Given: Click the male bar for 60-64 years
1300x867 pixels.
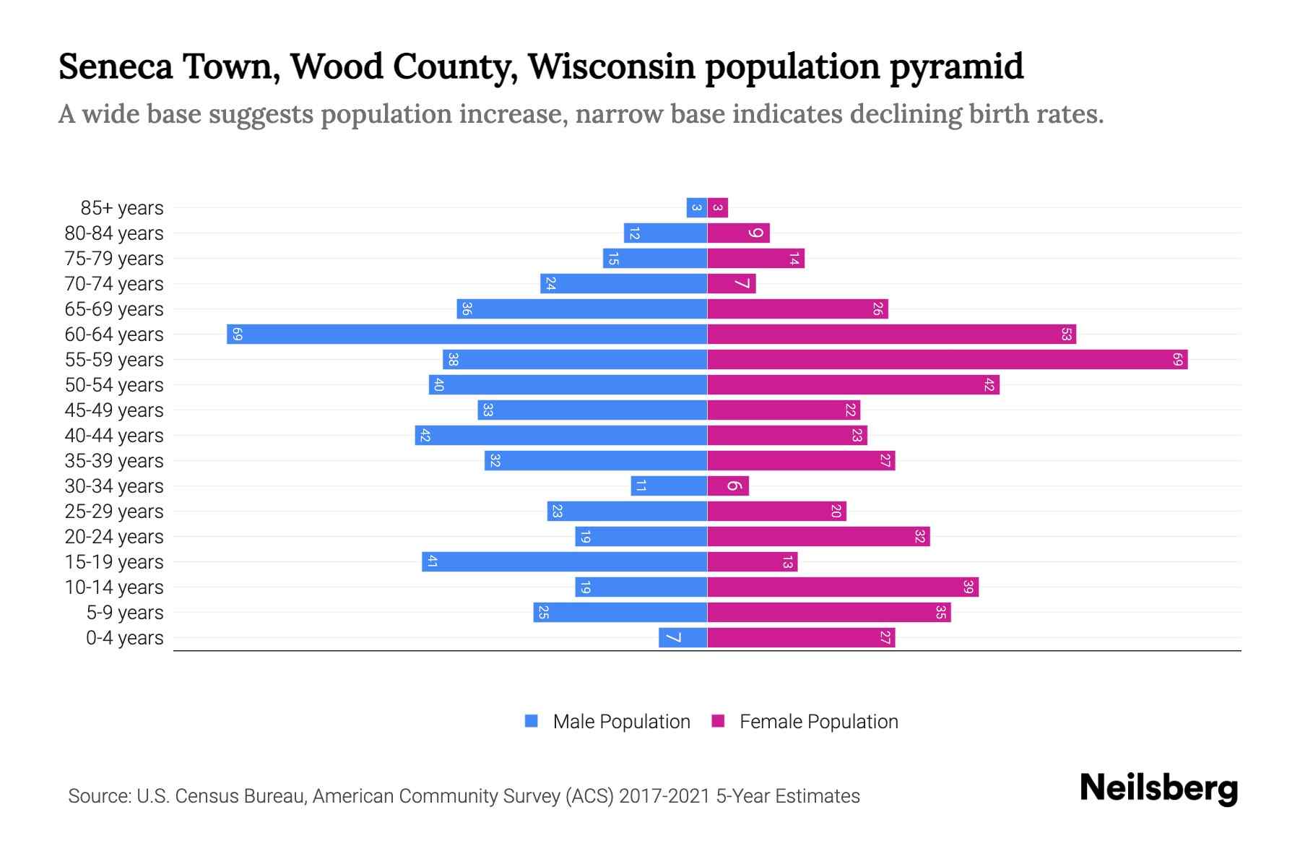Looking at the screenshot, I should click(467, 335).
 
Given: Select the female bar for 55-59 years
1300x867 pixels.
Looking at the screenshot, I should click(947, 360).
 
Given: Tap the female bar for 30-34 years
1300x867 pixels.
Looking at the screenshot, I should click(728, 486).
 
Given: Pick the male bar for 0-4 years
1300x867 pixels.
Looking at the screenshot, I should click(682, 638).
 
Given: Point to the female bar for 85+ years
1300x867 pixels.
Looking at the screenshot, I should click(718, 208).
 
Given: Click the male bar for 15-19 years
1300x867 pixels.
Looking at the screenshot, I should click(564, 562).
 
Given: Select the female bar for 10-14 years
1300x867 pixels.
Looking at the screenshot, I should click(843, 587).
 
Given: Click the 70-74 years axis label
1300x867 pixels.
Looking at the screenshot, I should click(114, 284).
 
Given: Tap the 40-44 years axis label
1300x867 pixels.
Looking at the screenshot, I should click(114, 436).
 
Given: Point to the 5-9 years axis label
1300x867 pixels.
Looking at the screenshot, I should click(125, 613).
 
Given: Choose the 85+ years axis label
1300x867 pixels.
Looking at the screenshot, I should click(122, 208).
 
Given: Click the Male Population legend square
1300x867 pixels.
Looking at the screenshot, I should click(532, 721).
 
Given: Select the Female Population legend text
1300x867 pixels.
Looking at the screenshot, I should click(818, 722).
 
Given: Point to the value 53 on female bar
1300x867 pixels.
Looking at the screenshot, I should click(1066, 335).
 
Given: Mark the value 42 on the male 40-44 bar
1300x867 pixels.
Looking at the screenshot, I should click(425, 436).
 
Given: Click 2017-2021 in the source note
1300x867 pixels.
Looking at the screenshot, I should click(664, 796).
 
